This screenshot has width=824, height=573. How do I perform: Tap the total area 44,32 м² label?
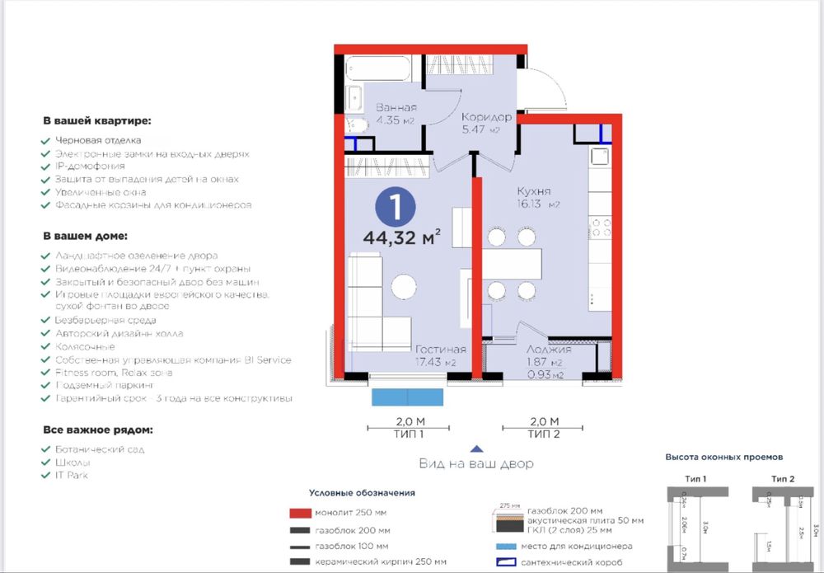click(x=401, y=237)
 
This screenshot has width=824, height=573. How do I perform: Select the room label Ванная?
click(x=396, y=108)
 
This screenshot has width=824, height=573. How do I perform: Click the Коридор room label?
click(x=486, y=117)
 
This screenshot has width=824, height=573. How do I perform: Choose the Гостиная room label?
click(x=441, y=350)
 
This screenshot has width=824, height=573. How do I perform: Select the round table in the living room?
click(x=404, y=288)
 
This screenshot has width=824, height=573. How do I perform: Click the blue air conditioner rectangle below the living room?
click(x=408, y=397)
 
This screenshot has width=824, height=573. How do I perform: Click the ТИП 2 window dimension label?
click(x=543, y=434)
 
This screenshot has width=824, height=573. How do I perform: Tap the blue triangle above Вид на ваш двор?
click(x=475, y=449)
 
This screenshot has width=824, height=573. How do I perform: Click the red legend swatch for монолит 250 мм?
click(x=298, y=513)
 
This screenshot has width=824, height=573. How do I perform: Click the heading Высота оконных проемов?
click(x=723, y=457)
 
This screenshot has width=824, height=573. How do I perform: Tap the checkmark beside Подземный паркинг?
click(x=46, y=385)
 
